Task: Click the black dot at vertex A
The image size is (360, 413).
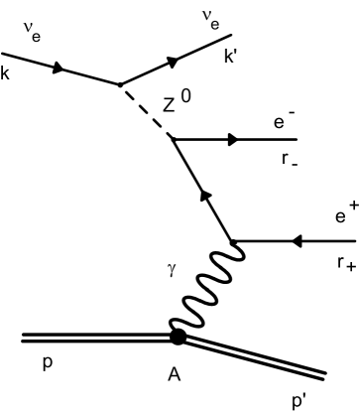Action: tap(178, 337)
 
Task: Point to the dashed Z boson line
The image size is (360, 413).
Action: tap(145, 111)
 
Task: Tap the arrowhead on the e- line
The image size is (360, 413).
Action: tap(234, 140)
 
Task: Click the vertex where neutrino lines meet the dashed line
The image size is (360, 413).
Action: tap(120, 84)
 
